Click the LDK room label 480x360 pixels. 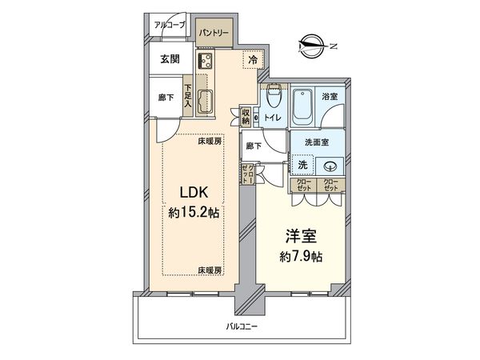194,194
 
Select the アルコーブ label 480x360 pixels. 170,26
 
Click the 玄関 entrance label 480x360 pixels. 169,59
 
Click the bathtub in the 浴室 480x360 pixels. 304,106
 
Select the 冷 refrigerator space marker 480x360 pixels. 253,59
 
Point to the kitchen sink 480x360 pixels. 203,102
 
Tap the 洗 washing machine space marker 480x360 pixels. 302,165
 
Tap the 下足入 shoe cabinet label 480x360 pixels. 188,94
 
